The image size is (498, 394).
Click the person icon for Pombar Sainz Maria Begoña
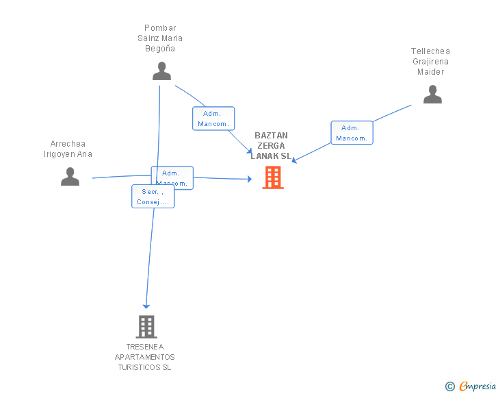click(x=161, y=71)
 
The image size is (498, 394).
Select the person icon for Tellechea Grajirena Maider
click(x=432, y=95)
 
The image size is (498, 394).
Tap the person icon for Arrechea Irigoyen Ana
click(x=70, y=177)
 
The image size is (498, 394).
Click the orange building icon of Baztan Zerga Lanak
click(x=273, y=177)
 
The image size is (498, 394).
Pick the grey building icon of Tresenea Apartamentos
click(x=146, y=327)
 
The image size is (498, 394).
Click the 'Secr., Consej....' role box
click(x=153, y=197)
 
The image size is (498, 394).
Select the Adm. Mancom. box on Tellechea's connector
click(x=352, y=133)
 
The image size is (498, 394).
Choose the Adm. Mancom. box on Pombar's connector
click(x=213, y=119)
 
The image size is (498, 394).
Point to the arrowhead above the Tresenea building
click(x=146, y=306)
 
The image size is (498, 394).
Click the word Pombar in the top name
click(x=160, y=29)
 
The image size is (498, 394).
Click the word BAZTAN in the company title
click(x=272, y=136)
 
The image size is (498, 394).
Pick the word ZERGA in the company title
click(x=272, y=146)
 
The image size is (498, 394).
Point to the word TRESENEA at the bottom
click(x=144, y=347)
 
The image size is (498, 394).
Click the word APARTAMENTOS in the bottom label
click(x=144, y=358)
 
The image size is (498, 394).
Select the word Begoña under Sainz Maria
click(x=160, y=49)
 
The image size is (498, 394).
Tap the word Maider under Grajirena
click(x=430, y=72)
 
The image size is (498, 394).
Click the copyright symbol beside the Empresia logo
click(x=449, y=386)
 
